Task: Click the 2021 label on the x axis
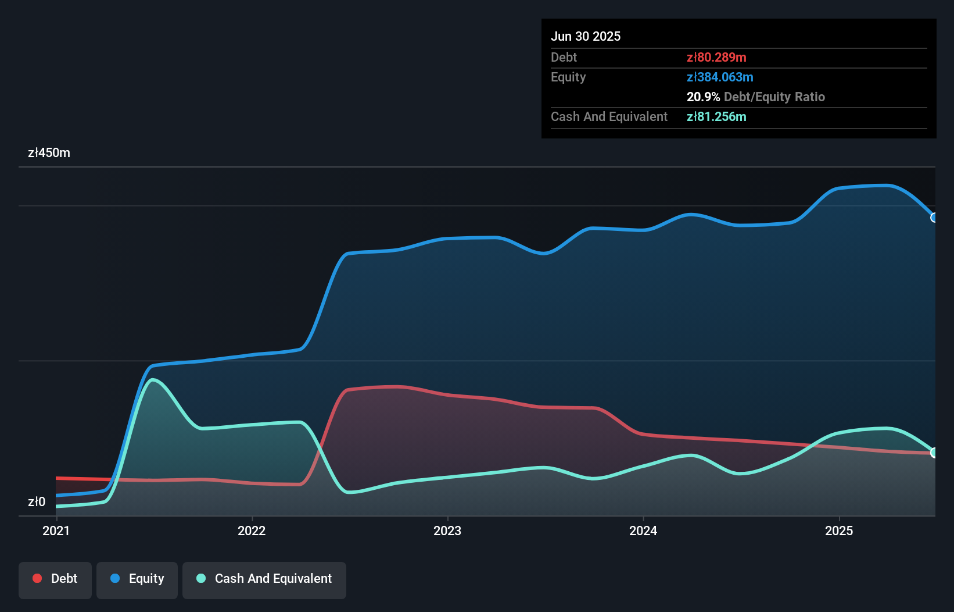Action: pos(56,531)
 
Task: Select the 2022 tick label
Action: pos(252,531)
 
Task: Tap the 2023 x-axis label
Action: pos(447,531)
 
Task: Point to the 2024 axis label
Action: pos(643,531)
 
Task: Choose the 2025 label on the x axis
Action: pos(839,531)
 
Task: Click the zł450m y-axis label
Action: pos(49,153)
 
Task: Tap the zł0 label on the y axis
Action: pos(37,501)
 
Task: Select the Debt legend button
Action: pos(55,579)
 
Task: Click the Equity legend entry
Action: pos(137,579)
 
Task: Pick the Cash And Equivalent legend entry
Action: pos(264,579)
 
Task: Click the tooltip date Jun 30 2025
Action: pos(586,36)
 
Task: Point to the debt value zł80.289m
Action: pos(716,57)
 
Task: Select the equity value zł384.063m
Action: pos(720,77)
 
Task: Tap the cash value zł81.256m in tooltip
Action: pos(716,116)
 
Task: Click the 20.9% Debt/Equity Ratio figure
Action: pos(755,97)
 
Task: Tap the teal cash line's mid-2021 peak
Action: pos(153,380)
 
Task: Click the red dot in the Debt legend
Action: pos(37,578)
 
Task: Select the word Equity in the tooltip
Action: pos(568,77)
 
